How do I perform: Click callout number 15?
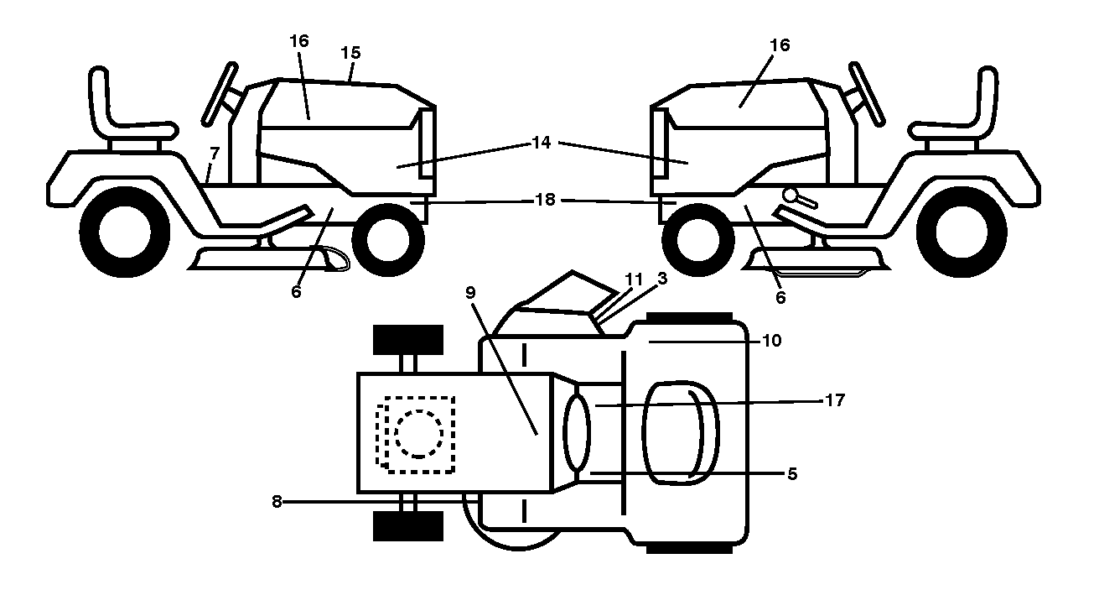pyautogui.click(x=350, y=53)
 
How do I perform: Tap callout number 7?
pyautogui.click(x=215, y=154)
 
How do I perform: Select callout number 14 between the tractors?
pyautogui.click(x=542, y=143)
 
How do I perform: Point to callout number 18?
pyautogui.click(x=545, y=200)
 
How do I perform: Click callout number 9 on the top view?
pyautogui.click(x=470, y=293)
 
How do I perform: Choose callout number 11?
pyautogui.click(x=634, y=279)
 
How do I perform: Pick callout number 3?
pyautogui.click(x=662, y=279)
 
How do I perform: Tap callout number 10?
pyautogui.click(x=772, y=341)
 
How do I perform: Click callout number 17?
pyautogui.click(x=835, y=400)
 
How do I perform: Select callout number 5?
pyautogui.click(x=792, y=473)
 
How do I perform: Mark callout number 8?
pyautogui.click(x=277, y=502)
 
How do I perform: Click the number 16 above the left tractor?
pyautogui.click(x=298, y=41)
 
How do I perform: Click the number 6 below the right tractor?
pyautogui.click(x=780, y=297)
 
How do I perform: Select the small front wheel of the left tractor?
pyautogui.click(x=388, y=240)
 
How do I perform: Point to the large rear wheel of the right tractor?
pyautogui.click(x=962, y=232)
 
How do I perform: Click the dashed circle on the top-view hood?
pyautogui.click(x=418, y=434)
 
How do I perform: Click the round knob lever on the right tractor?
pyautogui.click(x=800, y=197)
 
